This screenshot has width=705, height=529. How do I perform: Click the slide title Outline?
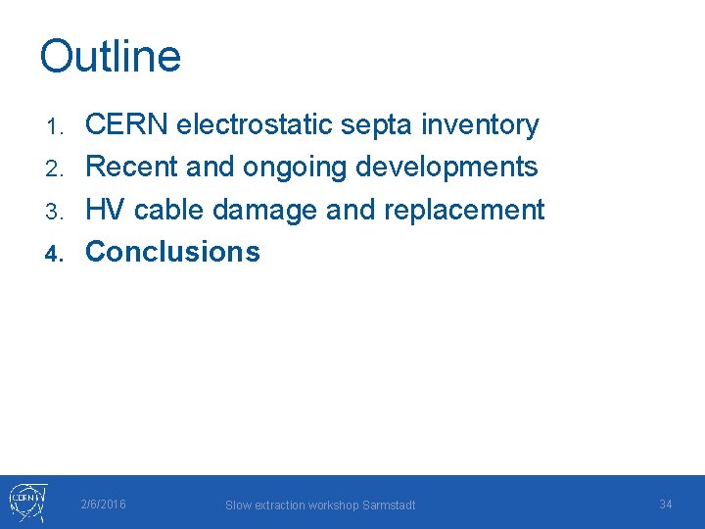111,57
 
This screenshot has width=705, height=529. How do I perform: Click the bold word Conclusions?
173,252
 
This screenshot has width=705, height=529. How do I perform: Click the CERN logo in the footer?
25,502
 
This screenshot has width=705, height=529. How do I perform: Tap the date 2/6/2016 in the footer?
103,505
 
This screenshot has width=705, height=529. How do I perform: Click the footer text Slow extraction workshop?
290,505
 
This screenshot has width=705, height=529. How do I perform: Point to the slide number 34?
666,505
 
